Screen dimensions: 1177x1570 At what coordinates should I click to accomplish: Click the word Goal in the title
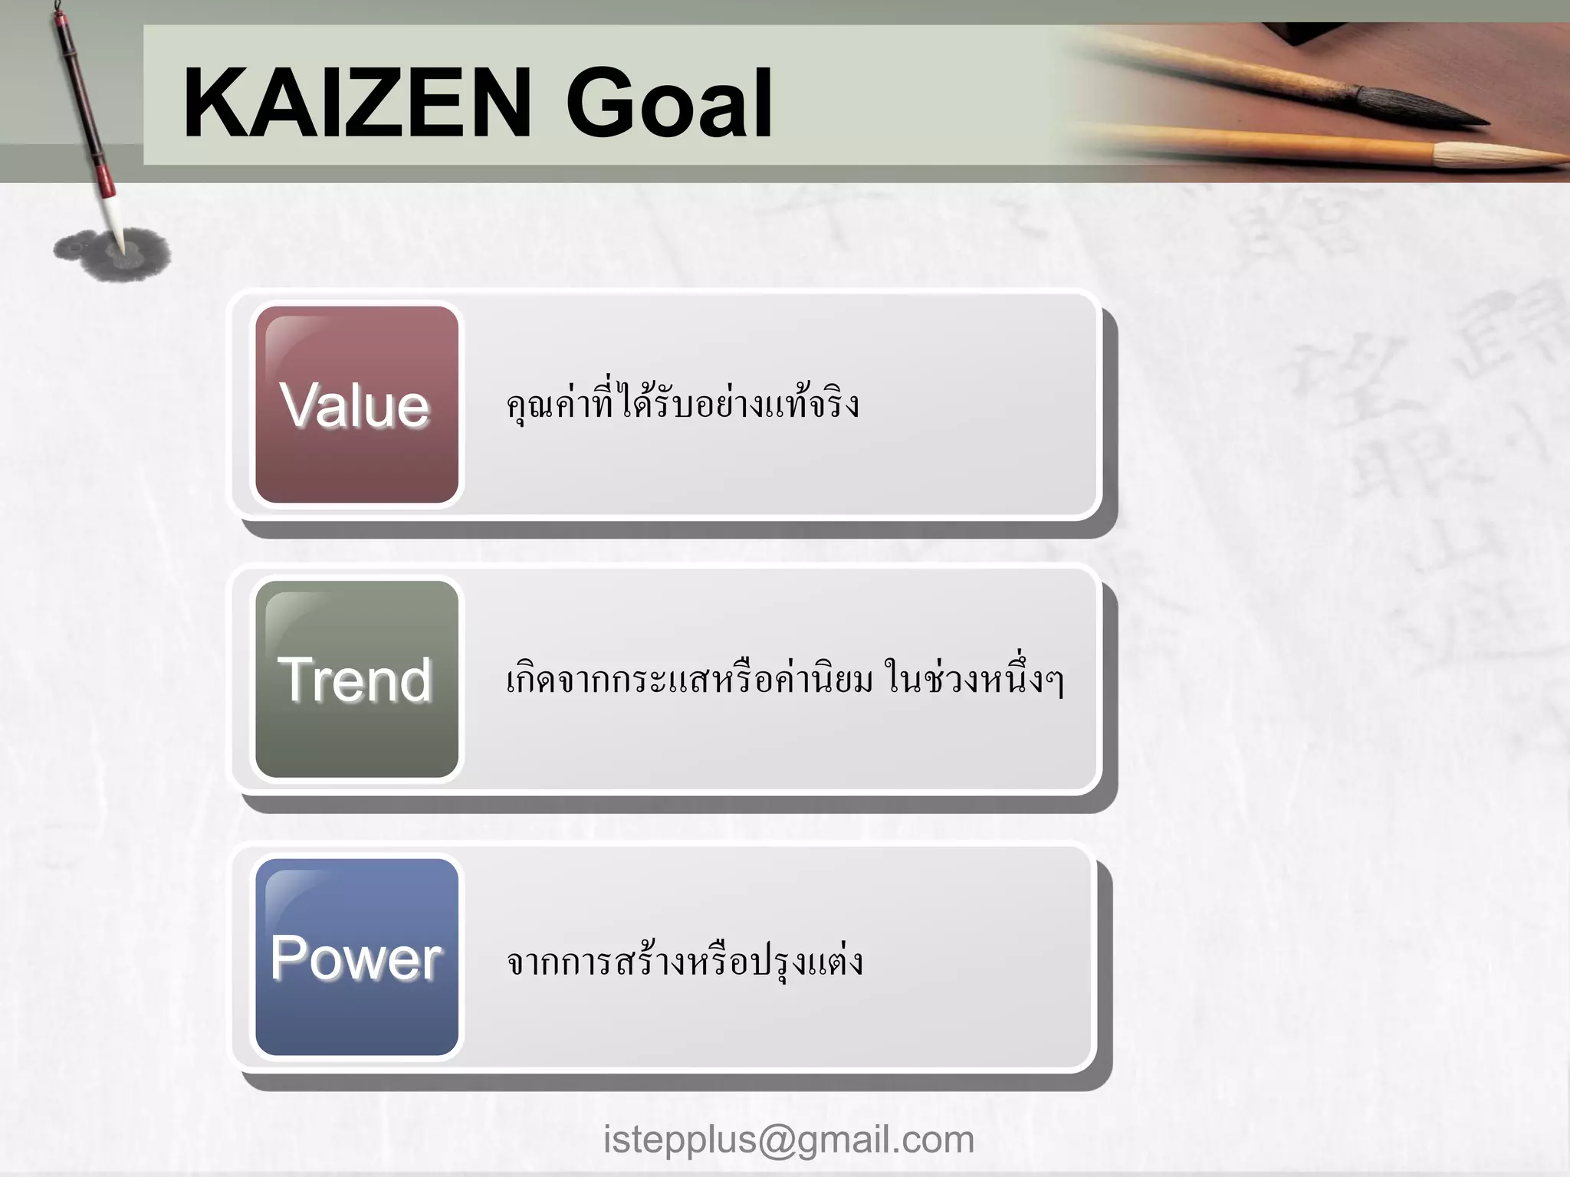[668, 104]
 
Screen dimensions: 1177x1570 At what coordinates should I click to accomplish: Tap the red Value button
[356, 405]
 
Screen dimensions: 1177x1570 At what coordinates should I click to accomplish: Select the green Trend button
[356, 679]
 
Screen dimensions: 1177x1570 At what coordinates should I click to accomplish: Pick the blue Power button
[356, 957]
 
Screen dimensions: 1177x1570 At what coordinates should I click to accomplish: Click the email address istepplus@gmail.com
[788, 1139]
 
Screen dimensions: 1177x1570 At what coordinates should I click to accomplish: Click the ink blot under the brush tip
[112, 253]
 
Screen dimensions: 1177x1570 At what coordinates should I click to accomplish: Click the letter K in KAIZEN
[212, 103]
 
